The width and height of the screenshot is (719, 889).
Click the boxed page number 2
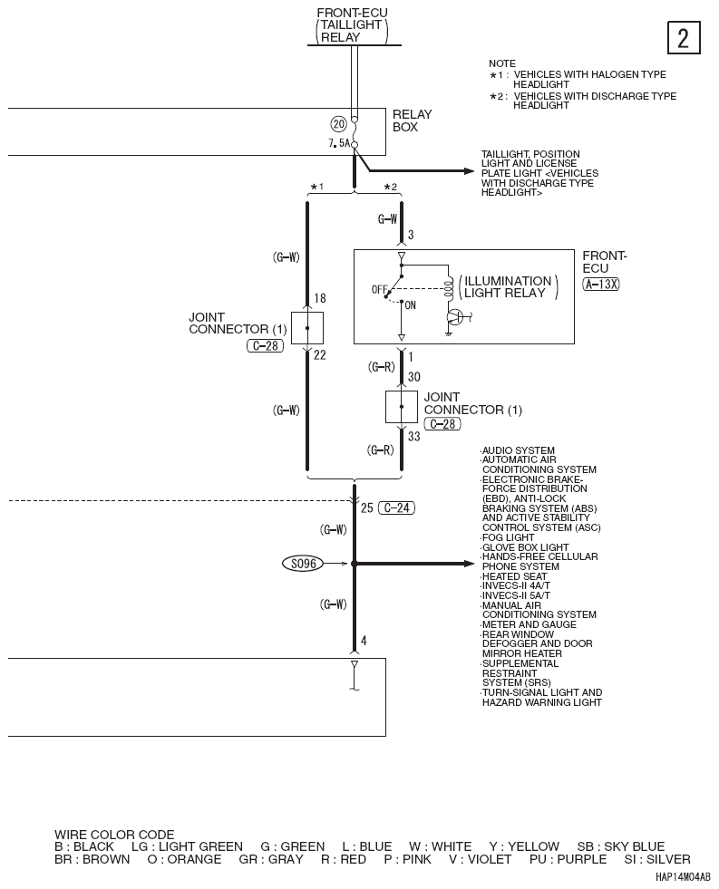coord(684,38)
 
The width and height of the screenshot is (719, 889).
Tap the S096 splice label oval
coord(304,564)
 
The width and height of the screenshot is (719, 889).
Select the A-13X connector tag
coord(600,284)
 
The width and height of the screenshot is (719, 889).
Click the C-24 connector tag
coord(396,508)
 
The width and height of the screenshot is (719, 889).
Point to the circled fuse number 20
coord(338,124)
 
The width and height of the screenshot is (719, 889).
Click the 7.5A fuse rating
coord(339,143)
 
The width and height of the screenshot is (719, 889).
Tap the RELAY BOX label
coord(413,121)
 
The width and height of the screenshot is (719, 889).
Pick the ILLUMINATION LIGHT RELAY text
coord(508,287)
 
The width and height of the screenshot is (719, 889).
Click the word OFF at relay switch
coord(379,290)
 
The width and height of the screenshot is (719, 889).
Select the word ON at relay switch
coord(411,305)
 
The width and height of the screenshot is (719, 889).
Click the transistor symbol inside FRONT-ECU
coord(456,317)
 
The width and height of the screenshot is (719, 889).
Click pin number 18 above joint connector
coord(320,298)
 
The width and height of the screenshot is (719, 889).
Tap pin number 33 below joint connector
coord(414,437)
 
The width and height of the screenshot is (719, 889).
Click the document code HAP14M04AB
coord(683,877)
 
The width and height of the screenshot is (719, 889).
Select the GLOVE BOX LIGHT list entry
coord(524,547)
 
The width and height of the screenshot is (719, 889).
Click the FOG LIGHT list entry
coord(508,537)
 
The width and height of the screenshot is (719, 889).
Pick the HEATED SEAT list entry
coord(514,576)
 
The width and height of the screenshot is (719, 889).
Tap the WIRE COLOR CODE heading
coord(114,835)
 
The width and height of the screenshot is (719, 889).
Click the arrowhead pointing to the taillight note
coord(469,170)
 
